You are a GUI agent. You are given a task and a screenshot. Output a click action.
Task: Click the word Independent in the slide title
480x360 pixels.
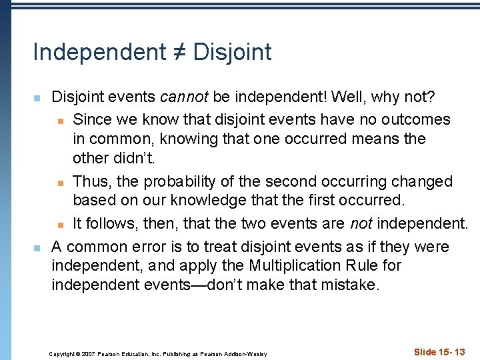pos(99,52)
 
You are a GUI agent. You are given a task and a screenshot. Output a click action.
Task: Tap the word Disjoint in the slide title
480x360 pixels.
pos(233,52)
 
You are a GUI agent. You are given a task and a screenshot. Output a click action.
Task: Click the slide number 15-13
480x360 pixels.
pos(450,352)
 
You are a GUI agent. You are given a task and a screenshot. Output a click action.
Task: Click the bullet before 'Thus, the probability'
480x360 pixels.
pos(60,183)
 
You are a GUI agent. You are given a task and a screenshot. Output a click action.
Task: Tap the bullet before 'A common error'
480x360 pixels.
pos(37,248)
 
